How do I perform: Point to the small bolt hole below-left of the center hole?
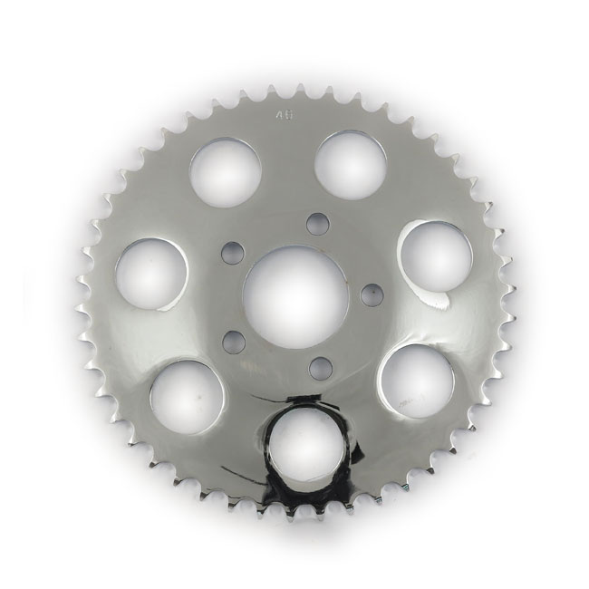234,340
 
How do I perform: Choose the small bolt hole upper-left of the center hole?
234,248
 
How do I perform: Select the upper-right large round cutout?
351,163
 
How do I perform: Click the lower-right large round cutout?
414,381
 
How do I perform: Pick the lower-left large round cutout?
188,396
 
